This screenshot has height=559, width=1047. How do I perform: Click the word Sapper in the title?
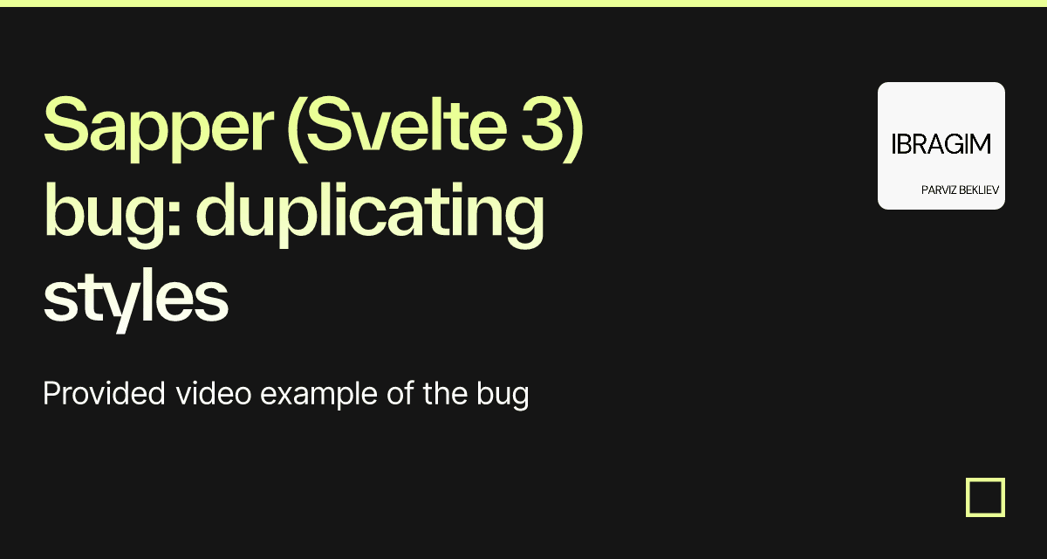pos(158,129)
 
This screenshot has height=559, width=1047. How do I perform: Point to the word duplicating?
pos(370,214)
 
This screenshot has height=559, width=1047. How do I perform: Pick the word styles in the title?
pos(135,300)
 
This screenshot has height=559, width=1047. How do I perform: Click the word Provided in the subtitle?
pos(104,393)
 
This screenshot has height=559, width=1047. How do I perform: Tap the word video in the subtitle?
pos(214,393)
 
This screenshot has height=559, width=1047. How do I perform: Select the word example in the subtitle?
pos(319,396)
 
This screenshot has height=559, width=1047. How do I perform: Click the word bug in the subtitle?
pos(503,396)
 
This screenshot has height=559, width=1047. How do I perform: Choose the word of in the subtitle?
pos(400,393)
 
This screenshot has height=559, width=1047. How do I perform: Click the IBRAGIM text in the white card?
pos(941,144)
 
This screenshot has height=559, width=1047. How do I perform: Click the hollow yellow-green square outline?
pos(968,497)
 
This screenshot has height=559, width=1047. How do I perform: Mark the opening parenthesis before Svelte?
pos(297,129)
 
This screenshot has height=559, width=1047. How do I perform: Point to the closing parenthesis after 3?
pos(573,129)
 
